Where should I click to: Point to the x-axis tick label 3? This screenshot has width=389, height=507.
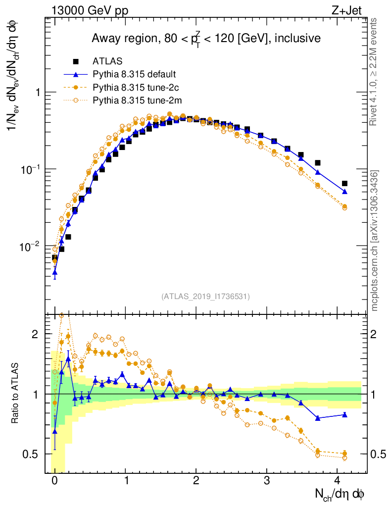click(267, 480)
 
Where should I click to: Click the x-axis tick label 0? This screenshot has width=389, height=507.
click(54, 480)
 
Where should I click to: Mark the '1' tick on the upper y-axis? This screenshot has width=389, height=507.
click(37, 93)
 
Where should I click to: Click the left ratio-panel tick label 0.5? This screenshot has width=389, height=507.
click(33, 454)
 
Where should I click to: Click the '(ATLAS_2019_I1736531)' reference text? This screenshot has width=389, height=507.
click(205, 297)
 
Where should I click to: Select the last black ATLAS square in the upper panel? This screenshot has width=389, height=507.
click(344, 183)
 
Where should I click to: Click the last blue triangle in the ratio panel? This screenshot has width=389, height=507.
click(344, 415)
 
